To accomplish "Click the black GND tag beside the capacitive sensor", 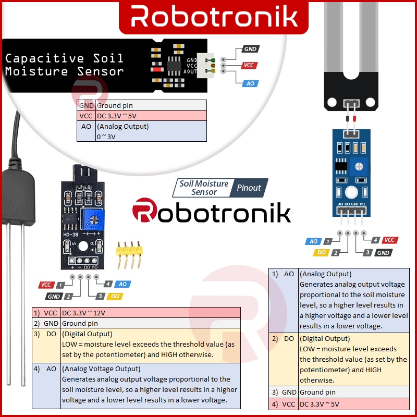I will click(251, 49).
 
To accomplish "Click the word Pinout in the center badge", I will click(249, 188).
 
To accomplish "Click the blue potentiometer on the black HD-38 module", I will click(94, 219).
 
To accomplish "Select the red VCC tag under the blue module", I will click(389, 240).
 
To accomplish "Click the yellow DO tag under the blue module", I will click(321, 253).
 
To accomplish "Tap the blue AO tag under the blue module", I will click(313, 241).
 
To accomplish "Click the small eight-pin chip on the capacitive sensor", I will click(174, 64).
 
